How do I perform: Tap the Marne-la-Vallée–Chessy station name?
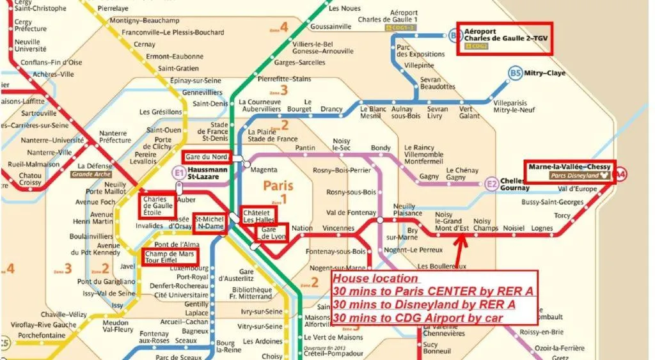click(569, 167)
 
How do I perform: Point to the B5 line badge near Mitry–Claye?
click(516, 74)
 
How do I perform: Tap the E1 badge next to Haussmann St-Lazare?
click(178, 173)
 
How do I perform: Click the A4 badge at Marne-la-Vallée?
click(620, 173)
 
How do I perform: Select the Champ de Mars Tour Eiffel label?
click(169, 256)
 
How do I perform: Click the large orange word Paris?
click(278, 187)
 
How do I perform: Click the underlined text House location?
click(375, 279)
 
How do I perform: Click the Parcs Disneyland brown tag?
click(573, 176)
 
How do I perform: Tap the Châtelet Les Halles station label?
click(258, 215)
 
